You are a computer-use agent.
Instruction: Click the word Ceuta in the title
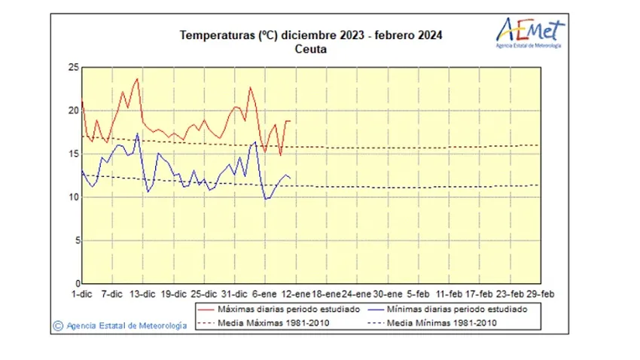[311, 49]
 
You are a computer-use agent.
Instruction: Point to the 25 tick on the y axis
[74, 67]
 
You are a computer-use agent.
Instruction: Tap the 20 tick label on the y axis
[74, 111]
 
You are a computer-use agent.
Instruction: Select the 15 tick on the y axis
[74, 154]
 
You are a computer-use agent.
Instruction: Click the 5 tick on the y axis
[76, 240]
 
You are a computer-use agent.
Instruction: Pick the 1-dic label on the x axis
[81, 294]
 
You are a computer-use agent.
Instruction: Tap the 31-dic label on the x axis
[235, 294]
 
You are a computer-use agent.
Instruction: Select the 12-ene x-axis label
[297, 294]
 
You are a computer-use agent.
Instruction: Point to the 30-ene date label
[389, 294]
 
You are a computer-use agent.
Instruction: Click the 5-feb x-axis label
[419, 294]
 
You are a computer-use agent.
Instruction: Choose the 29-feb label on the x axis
[541, 294]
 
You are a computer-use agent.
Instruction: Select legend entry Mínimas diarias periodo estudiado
[453, 310]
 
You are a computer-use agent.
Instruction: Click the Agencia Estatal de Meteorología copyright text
[120, 326]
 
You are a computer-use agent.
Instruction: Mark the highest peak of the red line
[137, 78]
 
